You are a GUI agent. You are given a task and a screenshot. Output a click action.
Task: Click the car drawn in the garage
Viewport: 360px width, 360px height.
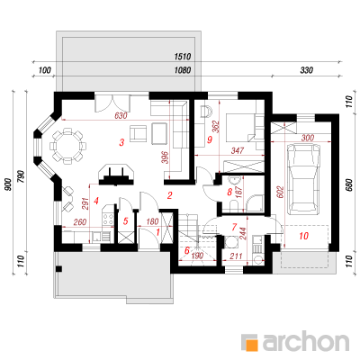coord(303,179)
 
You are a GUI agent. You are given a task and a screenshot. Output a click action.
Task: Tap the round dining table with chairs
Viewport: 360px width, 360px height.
coord(67,147)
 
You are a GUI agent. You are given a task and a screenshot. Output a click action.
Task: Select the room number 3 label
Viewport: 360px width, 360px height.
coord(121,142)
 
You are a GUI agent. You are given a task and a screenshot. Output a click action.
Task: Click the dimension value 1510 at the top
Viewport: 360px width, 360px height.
coord(183,57)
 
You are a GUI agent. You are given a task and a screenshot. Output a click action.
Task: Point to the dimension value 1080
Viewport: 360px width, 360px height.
coord(183,70)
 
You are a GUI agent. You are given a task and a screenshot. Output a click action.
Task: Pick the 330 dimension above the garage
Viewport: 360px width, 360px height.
coord(307,70)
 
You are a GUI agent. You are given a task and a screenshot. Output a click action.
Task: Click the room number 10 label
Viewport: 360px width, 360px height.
coord(304,236)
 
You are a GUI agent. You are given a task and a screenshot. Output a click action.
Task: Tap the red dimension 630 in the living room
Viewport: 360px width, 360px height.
coord(121,115)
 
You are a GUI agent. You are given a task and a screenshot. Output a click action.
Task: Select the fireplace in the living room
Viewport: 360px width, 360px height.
coord(116,175)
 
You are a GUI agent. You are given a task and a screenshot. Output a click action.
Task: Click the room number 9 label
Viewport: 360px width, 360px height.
coord(210,139)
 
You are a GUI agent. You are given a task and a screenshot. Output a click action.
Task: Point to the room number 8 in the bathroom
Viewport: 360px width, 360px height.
coord(229,192)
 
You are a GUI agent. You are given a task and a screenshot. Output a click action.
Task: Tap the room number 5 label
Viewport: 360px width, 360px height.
coord(126,221)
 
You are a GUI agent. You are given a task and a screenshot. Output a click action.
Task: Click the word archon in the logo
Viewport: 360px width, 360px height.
coord(306,341)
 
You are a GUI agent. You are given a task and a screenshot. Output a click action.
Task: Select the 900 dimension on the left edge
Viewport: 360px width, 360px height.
coord(8,184)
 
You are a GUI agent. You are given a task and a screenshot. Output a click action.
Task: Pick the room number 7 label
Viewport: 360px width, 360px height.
coord(234,227)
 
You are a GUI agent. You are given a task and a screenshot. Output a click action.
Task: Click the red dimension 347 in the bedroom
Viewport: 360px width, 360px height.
coord(237,150)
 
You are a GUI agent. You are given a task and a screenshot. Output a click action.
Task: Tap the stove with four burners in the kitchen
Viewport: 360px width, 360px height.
coord(108,219)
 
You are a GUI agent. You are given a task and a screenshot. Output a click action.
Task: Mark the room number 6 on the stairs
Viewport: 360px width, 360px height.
coord(187,250)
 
